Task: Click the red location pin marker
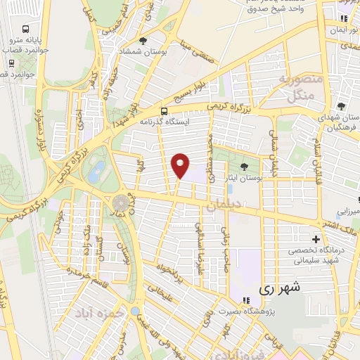coord(181,165)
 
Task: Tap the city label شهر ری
coord(280,288)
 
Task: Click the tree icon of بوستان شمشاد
coord(143,41)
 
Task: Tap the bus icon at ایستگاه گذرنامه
coord(164,111)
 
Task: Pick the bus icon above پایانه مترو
coord(26,30)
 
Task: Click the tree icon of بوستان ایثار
coord(244,167)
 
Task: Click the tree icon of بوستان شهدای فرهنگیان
coord(341,98)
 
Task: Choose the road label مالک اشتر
coord(336,226)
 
